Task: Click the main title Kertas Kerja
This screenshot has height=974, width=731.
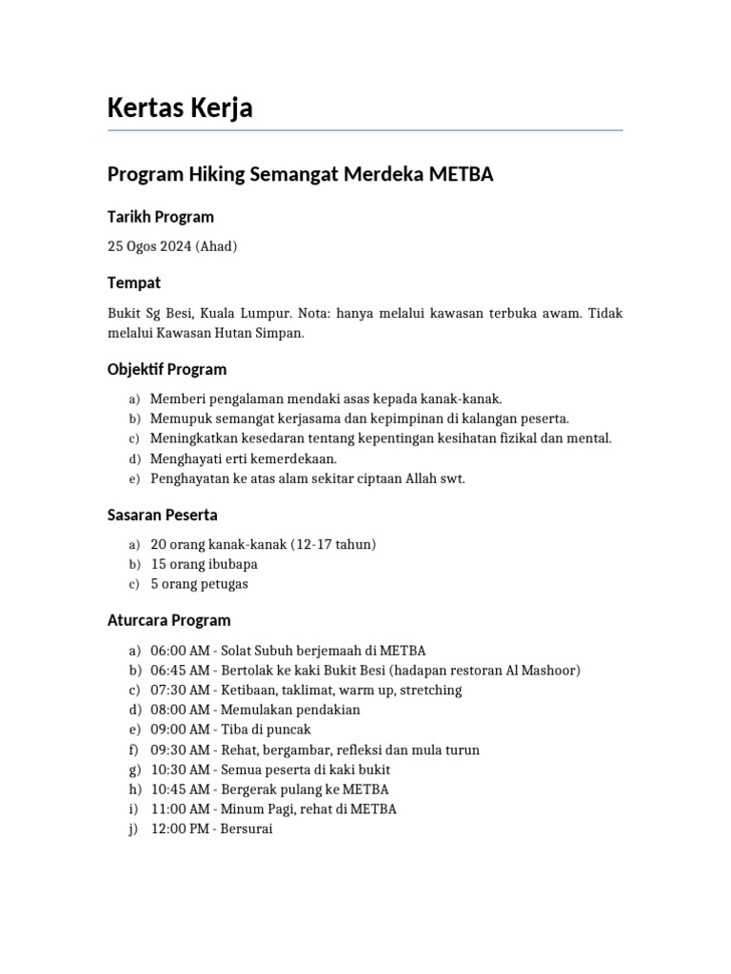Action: coord(180,108)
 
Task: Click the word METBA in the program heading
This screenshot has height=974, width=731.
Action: coord(462,175)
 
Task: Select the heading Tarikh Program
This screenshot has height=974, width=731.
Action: coord(160,217)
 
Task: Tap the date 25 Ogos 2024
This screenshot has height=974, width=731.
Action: coord(149,246)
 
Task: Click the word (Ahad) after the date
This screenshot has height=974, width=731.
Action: coord(216,246)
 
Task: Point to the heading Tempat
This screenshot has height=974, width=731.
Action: coord(134,283)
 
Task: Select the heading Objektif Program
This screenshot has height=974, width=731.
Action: coord(167,369)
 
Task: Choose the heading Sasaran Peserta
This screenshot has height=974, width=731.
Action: coord(162,515)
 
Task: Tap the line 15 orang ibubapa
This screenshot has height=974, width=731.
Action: coord(204,564)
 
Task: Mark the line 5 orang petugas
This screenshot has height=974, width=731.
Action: coord(199,584)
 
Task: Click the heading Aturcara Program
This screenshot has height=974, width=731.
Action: coord(168,620)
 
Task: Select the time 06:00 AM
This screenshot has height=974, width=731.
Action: coord(180,651)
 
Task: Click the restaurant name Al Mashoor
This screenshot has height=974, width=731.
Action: coord(542,671)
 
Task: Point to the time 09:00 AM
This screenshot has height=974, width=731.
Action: coord(180,730)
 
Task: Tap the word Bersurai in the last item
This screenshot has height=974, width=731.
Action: coord(247,829)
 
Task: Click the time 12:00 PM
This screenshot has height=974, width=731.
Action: coord(180,829)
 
